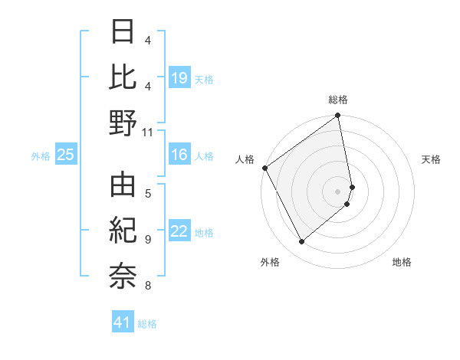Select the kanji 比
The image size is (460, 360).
tap(123, 77)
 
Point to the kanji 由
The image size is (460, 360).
tap(123, 186)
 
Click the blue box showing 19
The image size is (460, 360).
tap(179, 77)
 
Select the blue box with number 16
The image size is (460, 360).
tap(179, 155)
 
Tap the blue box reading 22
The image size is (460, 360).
tap(179, 232)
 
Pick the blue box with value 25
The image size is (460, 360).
tap(66, 155)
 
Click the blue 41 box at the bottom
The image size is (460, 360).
tap(123, 322)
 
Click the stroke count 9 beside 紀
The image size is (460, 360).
tap(148, 239)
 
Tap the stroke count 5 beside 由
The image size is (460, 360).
tap(148, 193)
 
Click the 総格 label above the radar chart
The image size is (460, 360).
tap(338, 100)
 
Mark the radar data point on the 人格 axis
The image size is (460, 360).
tap(264, 168)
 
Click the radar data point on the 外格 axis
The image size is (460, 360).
tap(301, 241)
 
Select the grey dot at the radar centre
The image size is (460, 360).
tap(338, 191)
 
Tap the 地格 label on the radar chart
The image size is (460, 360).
tap(402, 262)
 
